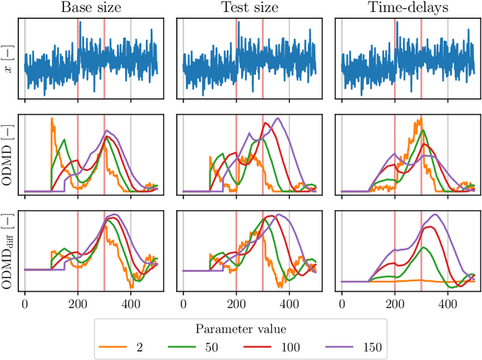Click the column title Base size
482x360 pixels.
click(91, 9)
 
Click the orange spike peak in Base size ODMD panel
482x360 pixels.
click(51, 118)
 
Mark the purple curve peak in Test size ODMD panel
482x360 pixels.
click(278, 118)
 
